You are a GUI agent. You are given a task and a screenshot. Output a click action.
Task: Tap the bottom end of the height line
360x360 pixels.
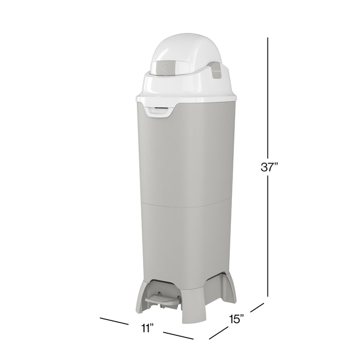(x=267, y=296)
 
